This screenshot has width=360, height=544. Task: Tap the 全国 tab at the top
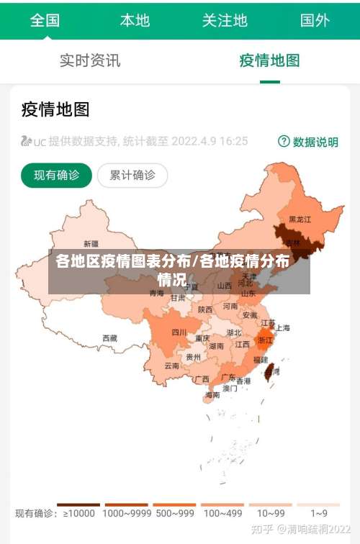click(45, 20)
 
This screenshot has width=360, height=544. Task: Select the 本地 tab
click(135, 20)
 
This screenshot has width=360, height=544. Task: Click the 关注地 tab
click(225, 20)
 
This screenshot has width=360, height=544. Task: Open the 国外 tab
click(315, 20)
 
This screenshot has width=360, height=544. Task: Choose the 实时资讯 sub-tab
click(90, 60)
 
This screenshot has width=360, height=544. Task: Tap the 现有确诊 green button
click(56, 175)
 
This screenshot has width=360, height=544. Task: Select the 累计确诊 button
click(132, 175)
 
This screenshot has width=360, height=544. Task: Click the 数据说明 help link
click(308, 142)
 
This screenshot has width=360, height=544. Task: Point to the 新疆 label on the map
click(91, 243)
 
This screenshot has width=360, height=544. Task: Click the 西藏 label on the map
click(109, 337)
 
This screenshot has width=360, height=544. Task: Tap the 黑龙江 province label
click(300, 219)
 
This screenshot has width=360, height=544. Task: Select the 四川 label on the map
click(179, 332)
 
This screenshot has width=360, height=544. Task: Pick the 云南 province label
click(171, 366)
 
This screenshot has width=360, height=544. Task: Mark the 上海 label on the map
click(282, 327)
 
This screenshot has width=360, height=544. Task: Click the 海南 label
click(212, 395)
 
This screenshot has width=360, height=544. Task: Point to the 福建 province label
click(260, 359)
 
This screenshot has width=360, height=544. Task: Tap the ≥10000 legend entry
click(78, 513)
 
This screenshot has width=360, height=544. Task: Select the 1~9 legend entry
click(319, 513)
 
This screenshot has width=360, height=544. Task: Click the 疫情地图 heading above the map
click(55, 109)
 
